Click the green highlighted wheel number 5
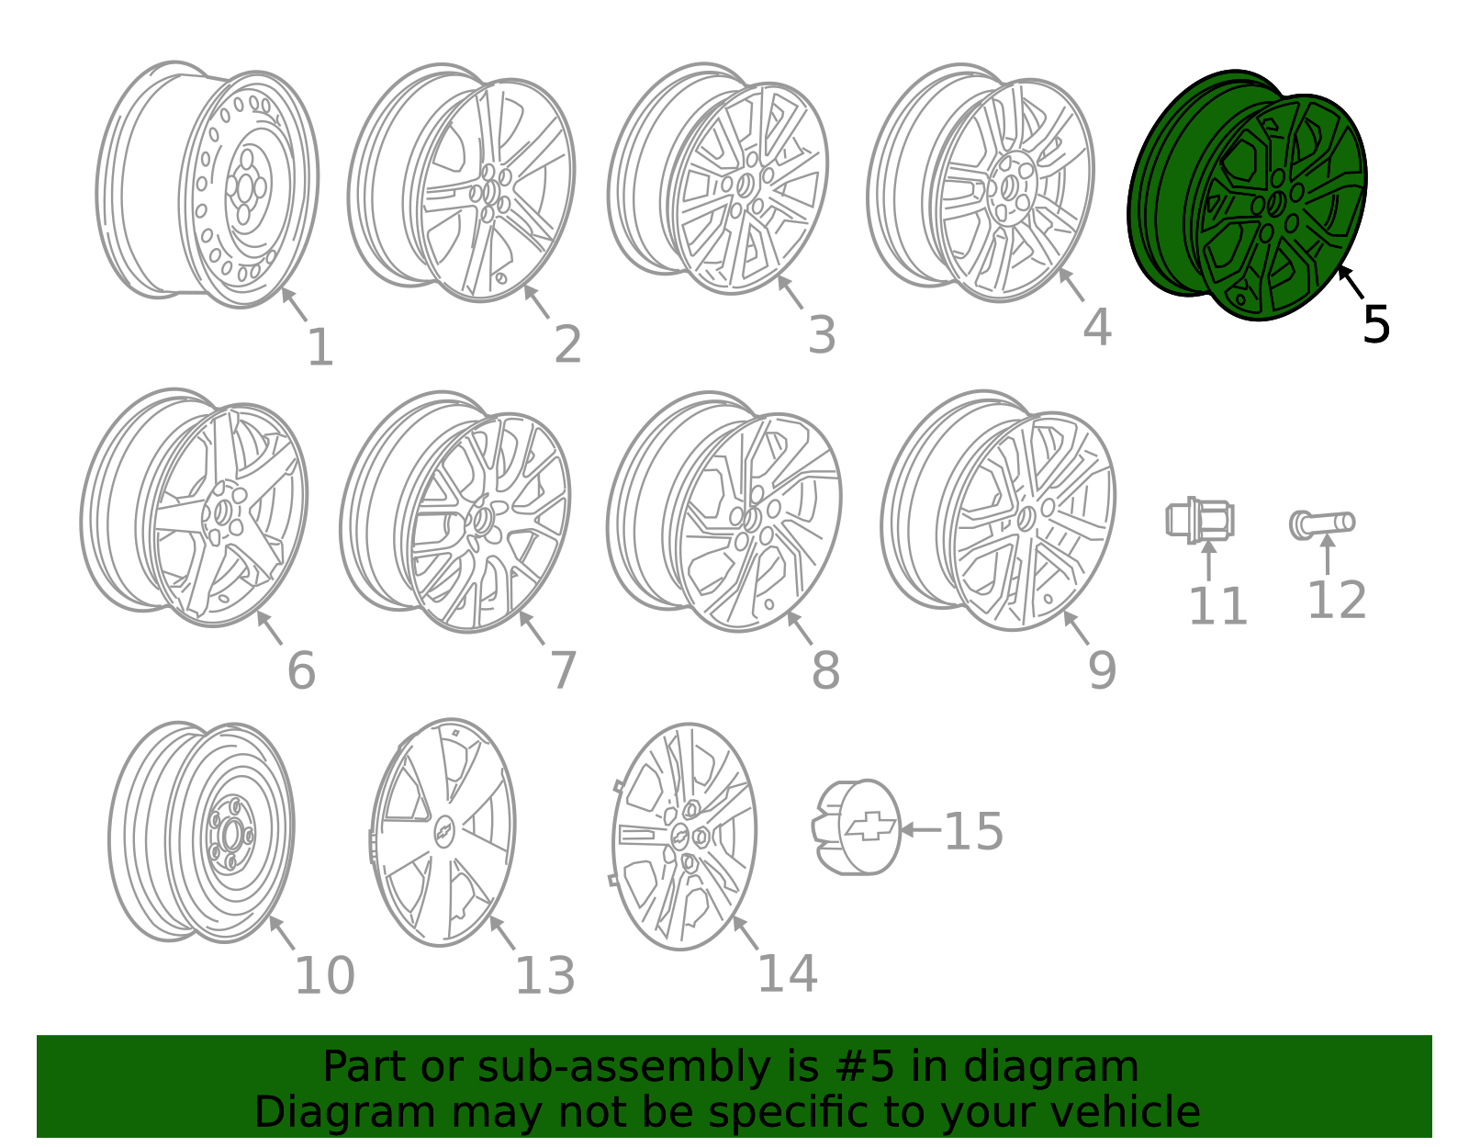click(x=1247, y=196)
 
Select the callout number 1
click(x=320, y=347)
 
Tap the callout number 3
click(x=822, y=335)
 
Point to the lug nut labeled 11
click(x=1201, y=520)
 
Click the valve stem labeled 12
click(x=1322, y=524)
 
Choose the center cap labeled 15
click(x=857, y=827)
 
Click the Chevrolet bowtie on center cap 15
click(x=870, y=826)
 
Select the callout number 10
click(x=325, y=976)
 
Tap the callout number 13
click(x=545, y=976)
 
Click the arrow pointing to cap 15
click(x=921, y=829)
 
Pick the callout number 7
click(x=564, y=671)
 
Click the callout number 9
click(x=1102, y=670)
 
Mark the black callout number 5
click(x=1376, y=325)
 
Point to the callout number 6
click(x=301, y=671)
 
